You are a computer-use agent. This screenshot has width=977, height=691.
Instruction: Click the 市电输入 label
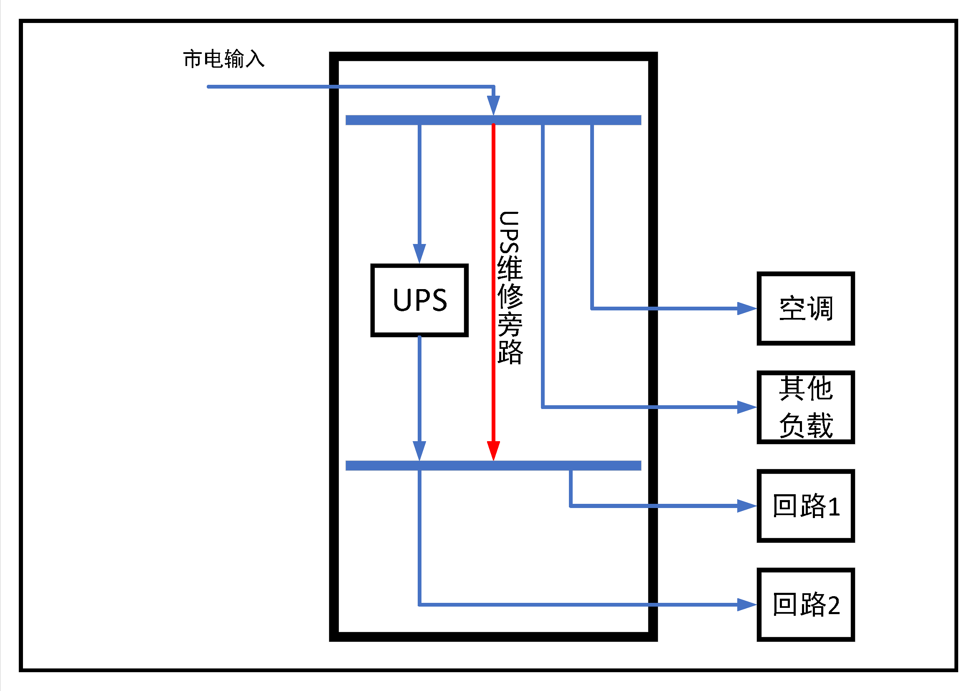224,59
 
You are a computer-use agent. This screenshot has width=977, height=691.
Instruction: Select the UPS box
419,300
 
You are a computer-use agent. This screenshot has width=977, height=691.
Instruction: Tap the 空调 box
805,308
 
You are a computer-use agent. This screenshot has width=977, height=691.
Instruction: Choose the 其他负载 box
805,407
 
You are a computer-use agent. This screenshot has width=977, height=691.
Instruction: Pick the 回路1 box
805,506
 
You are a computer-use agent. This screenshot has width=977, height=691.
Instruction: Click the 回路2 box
805,605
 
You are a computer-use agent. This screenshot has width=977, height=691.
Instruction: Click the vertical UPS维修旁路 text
510,287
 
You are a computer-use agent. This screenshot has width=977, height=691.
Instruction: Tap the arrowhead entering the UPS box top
419,253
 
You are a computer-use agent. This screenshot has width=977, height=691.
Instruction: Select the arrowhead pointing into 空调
746,308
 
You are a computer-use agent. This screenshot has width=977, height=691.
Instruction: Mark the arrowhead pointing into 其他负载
746,407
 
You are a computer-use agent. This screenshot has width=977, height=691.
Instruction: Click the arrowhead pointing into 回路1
746,506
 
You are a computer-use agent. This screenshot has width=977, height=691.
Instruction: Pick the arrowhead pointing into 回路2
746,605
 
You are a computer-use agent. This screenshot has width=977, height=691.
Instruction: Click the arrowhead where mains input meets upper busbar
493,105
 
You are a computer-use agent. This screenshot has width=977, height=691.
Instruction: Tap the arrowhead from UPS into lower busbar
419,451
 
